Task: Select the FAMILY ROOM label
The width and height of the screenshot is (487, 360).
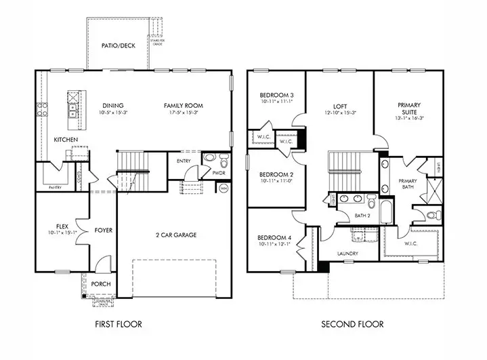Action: (184, 106)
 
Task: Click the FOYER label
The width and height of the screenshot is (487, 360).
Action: (103, 231)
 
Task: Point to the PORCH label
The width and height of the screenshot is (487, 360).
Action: (101, 283)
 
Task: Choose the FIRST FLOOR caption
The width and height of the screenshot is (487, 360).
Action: (119, 325)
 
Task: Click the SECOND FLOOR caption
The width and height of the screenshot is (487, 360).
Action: (352, 325)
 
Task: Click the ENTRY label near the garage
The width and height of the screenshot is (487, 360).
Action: (184, 161)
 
